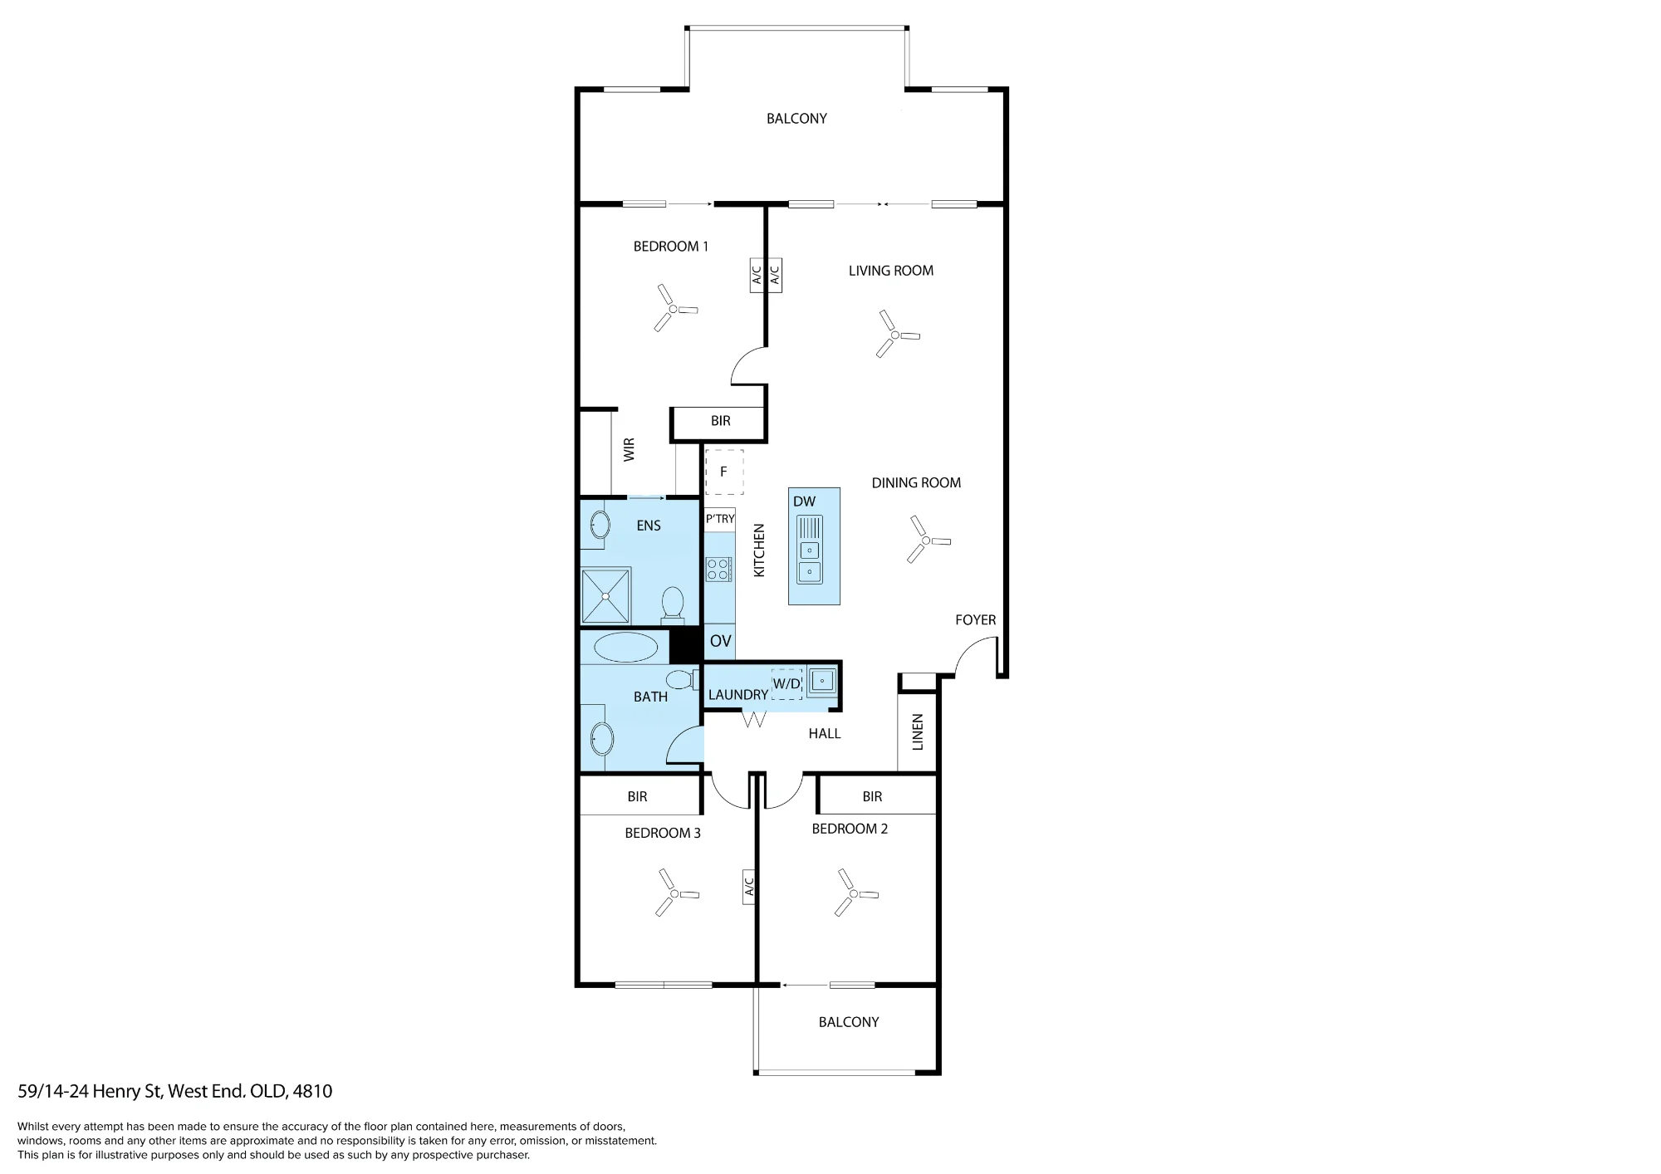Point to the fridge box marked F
click(x=724, y=472)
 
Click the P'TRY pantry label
click(x=720, y=519)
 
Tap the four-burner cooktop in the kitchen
click(x=718, y=569)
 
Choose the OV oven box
click(x=720, y=641)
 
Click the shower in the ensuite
click(x=605, y=595)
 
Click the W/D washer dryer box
click(x=786, y=684)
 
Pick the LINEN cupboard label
click(x=918, y=732)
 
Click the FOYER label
click(x=975, y=619)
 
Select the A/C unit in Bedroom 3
click(x=748, y=888)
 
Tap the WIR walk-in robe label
click(x=629, y=450)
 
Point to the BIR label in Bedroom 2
click(x=872, y=796)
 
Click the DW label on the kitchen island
click(x=804, y=501)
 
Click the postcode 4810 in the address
click(x=312, y=1091)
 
